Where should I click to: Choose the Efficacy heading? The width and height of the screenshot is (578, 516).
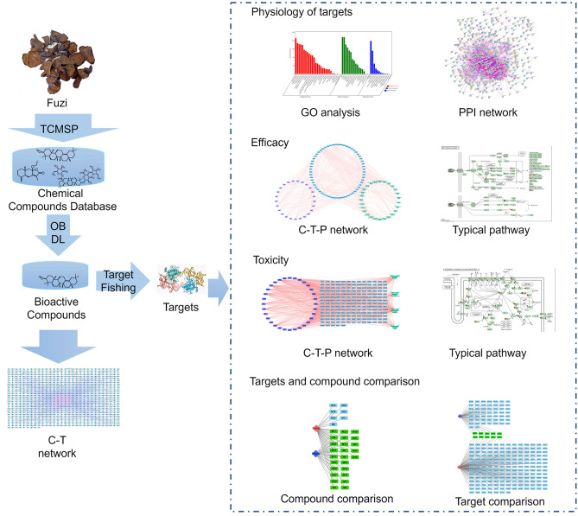[x=270, y=142]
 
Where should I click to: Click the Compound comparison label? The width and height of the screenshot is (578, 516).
[x=337, y=498]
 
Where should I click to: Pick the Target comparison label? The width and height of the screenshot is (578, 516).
[x=499, y=500]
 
